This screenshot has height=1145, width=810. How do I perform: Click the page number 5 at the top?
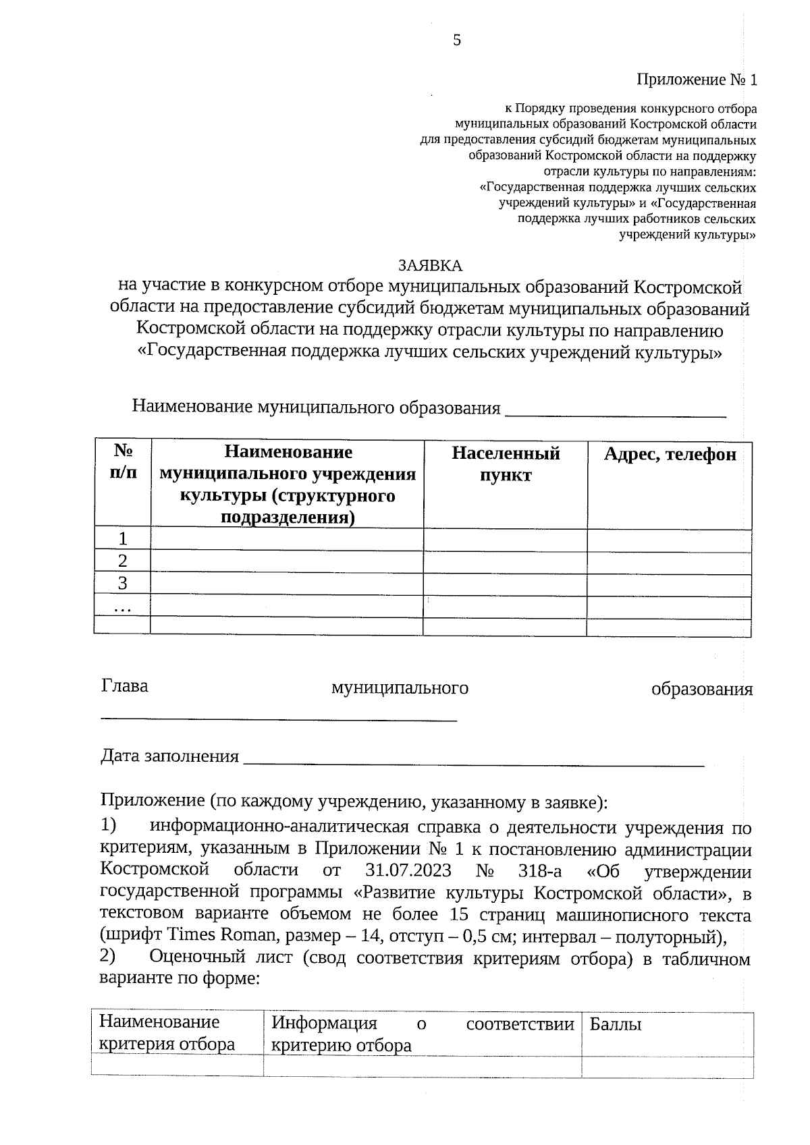click(457, 40)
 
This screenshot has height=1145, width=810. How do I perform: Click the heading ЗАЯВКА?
click(430, 265)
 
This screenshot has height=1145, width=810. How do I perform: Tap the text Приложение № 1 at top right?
click(697, 80)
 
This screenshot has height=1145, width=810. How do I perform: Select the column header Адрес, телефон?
click(669, 455)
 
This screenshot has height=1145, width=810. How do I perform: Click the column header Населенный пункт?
click(506, 464)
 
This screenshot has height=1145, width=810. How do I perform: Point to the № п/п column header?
click(122, 461)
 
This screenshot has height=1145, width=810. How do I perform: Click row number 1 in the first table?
click(122, 538)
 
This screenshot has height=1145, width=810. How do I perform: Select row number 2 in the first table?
click(122, 561)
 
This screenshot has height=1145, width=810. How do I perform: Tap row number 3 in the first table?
click(122, 583)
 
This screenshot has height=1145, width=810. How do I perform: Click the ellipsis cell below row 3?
click(122, 607)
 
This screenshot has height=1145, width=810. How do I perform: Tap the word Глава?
click(125, 686)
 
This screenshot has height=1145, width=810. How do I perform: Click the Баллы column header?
click(615, 1024)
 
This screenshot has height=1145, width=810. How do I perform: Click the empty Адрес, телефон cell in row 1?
click(669, 539)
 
